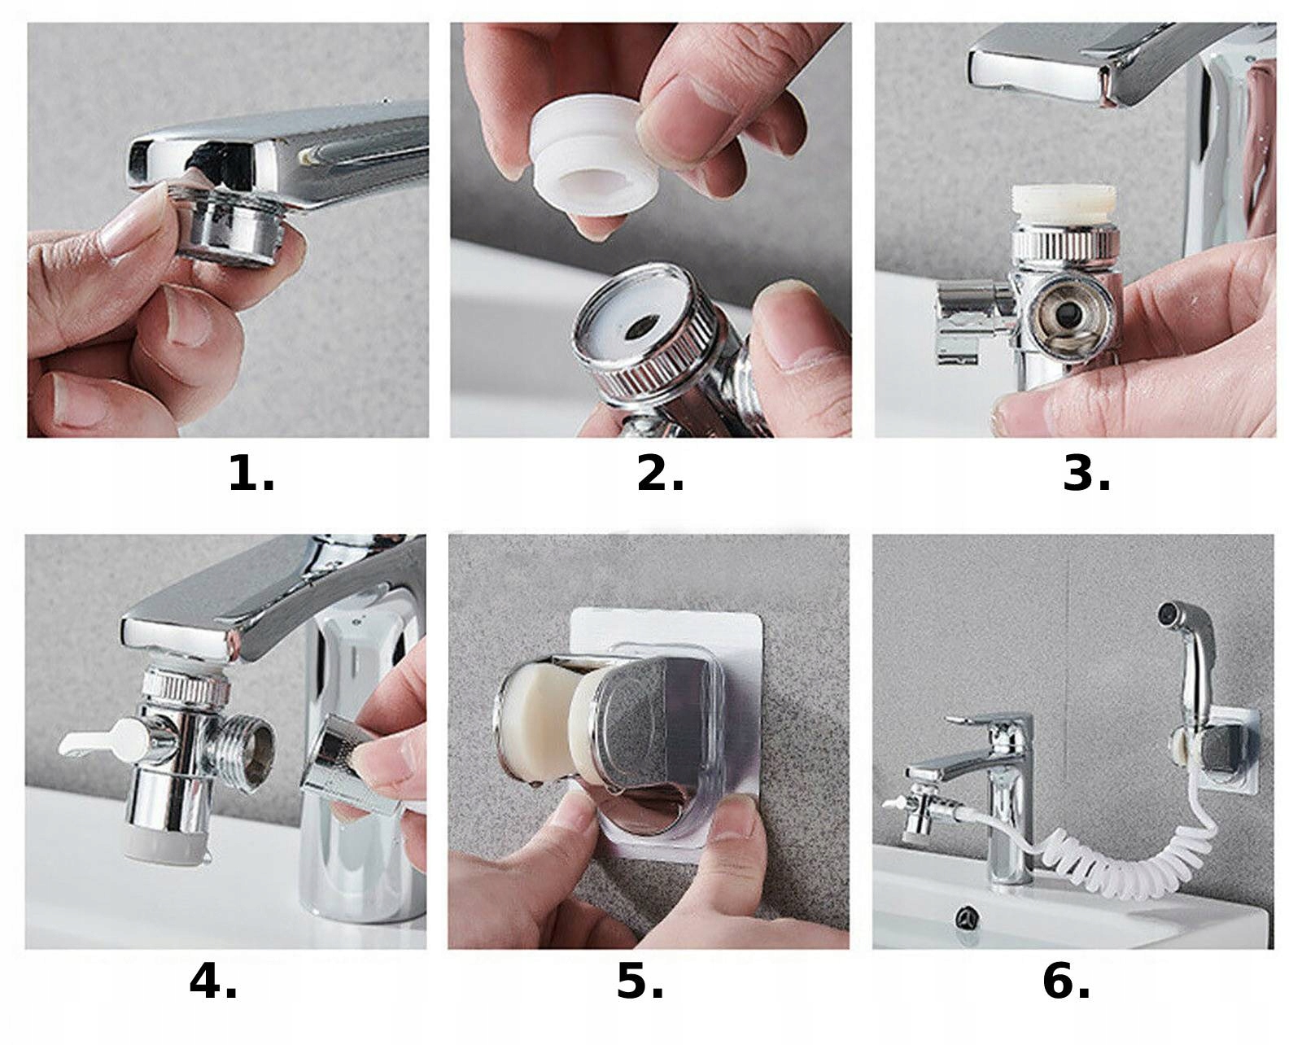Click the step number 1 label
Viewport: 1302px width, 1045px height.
coord(251,473)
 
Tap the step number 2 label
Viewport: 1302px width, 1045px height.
coord(660,473)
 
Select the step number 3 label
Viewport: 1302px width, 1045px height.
coord(1086,473)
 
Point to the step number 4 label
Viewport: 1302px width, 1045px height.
coord(213,982)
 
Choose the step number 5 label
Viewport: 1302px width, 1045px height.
coord(640,982)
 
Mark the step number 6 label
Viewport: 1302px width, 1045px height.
coord(1067,982)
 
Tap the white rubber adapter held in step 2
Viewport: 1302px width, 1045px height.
coord(596,157)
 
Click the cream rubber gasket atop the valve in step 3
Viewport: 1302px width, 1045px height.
coord(1064,206)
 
